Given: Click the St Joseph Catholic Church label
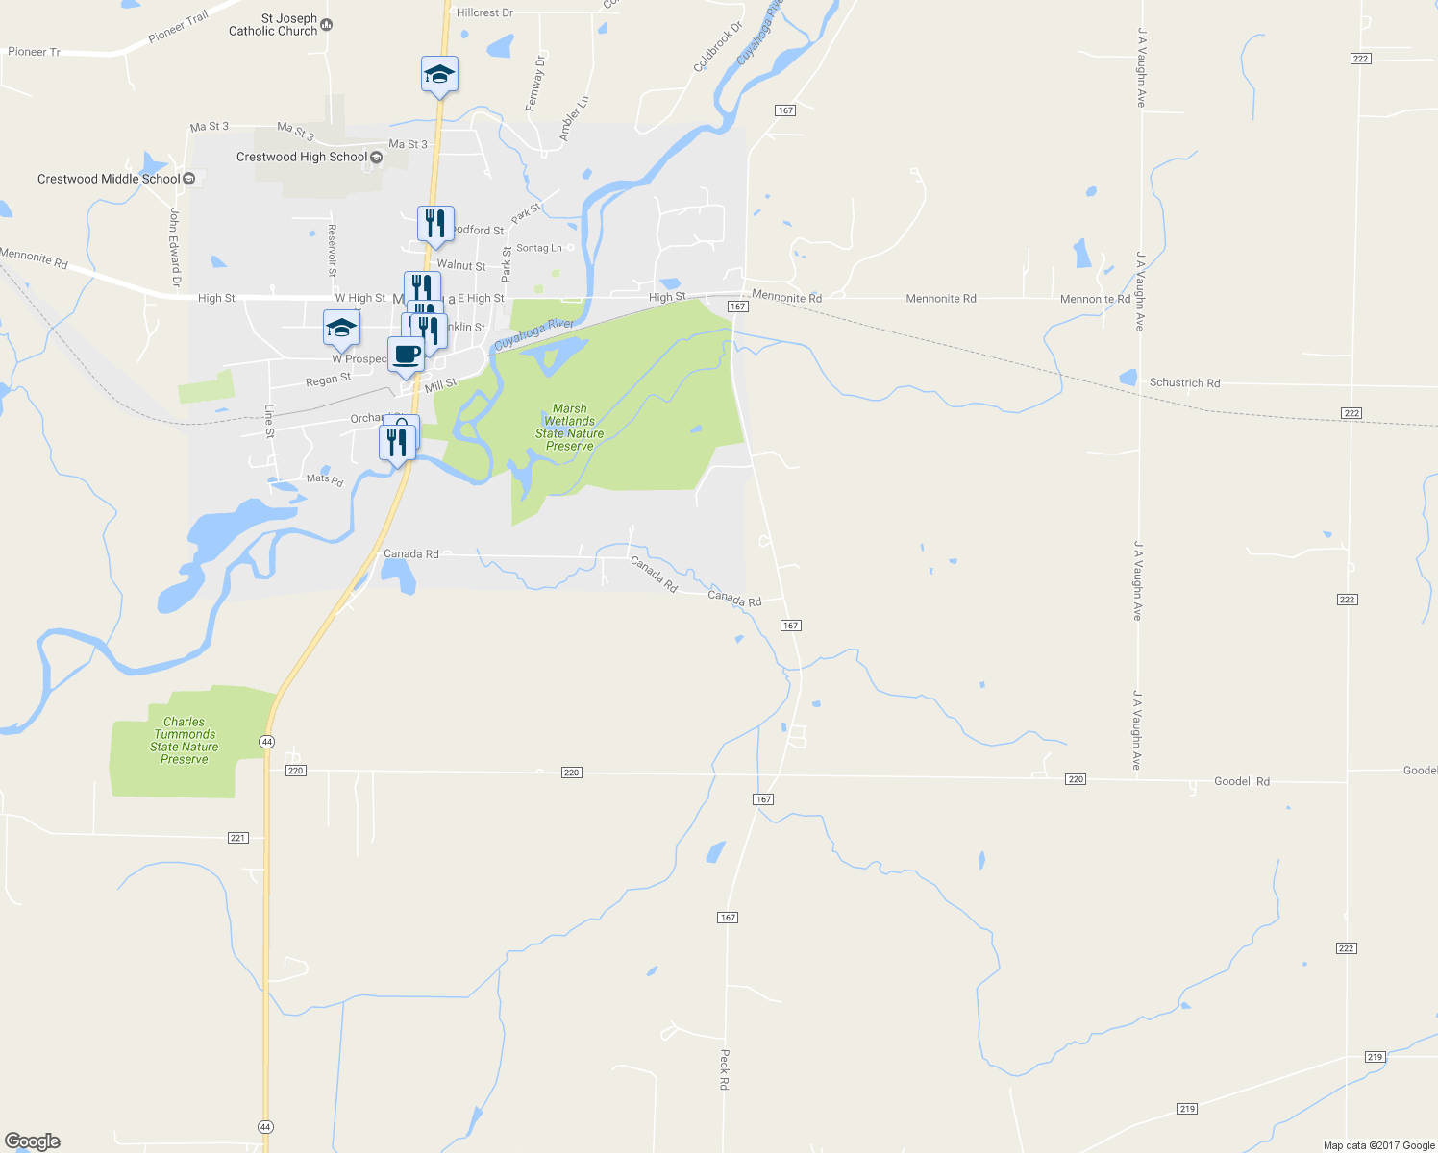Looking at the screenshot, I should pyautogui.click(x=273, y=25).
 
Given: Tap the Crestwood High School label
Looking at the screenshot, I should pyautogui.click(x=302, y=157).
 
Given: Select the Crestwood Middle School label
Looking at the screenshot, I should pyautogui.click(x=108, y=179).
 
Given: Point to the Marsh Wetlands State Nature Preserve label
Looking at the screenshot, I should pyautogui.click(x=570, y=428).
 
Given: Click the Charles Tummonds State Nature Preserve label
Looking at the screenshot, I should pyautogui.click(x=184, y=741).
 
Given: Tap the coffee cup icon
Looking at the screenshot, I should pyautogui.click(x=406, y=355).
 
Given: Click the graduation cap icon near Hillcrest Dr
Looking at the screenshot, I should pyautogui.click(x=439, y=74).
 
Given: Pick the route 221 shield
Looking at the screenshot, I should pyautogui.click(x=238, y=838).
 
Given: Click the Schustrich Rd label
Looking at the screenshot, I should pyautogui.click(x=1184, y=382).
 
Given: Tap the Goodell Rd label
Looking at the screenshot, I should pyautogui.click(x=1241, y=782).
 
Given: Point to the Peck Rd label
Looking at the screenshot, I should pyautogui.click(x=724, y=1068).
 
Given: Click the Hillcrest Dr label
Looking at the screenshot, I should pyautogui.click(x=484, y=12).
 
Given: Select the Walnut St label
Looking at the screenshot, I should pyautogui.click(x=461, y=265).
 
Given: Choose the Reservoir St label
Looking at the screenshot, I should pyautogui.click(x=332, y=250).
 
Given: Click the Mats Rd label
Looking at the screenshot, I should pyautogui.click(x=324, y=478).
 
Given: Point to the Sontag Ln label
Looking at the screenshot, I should pyautogui.click(x=539, y=248).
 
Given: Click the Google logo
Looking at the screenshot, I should pyautogui.click(x=33, y=1141).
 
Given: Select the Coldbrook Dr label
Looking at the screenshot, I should pyautogui.click(x=718, y=48).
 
